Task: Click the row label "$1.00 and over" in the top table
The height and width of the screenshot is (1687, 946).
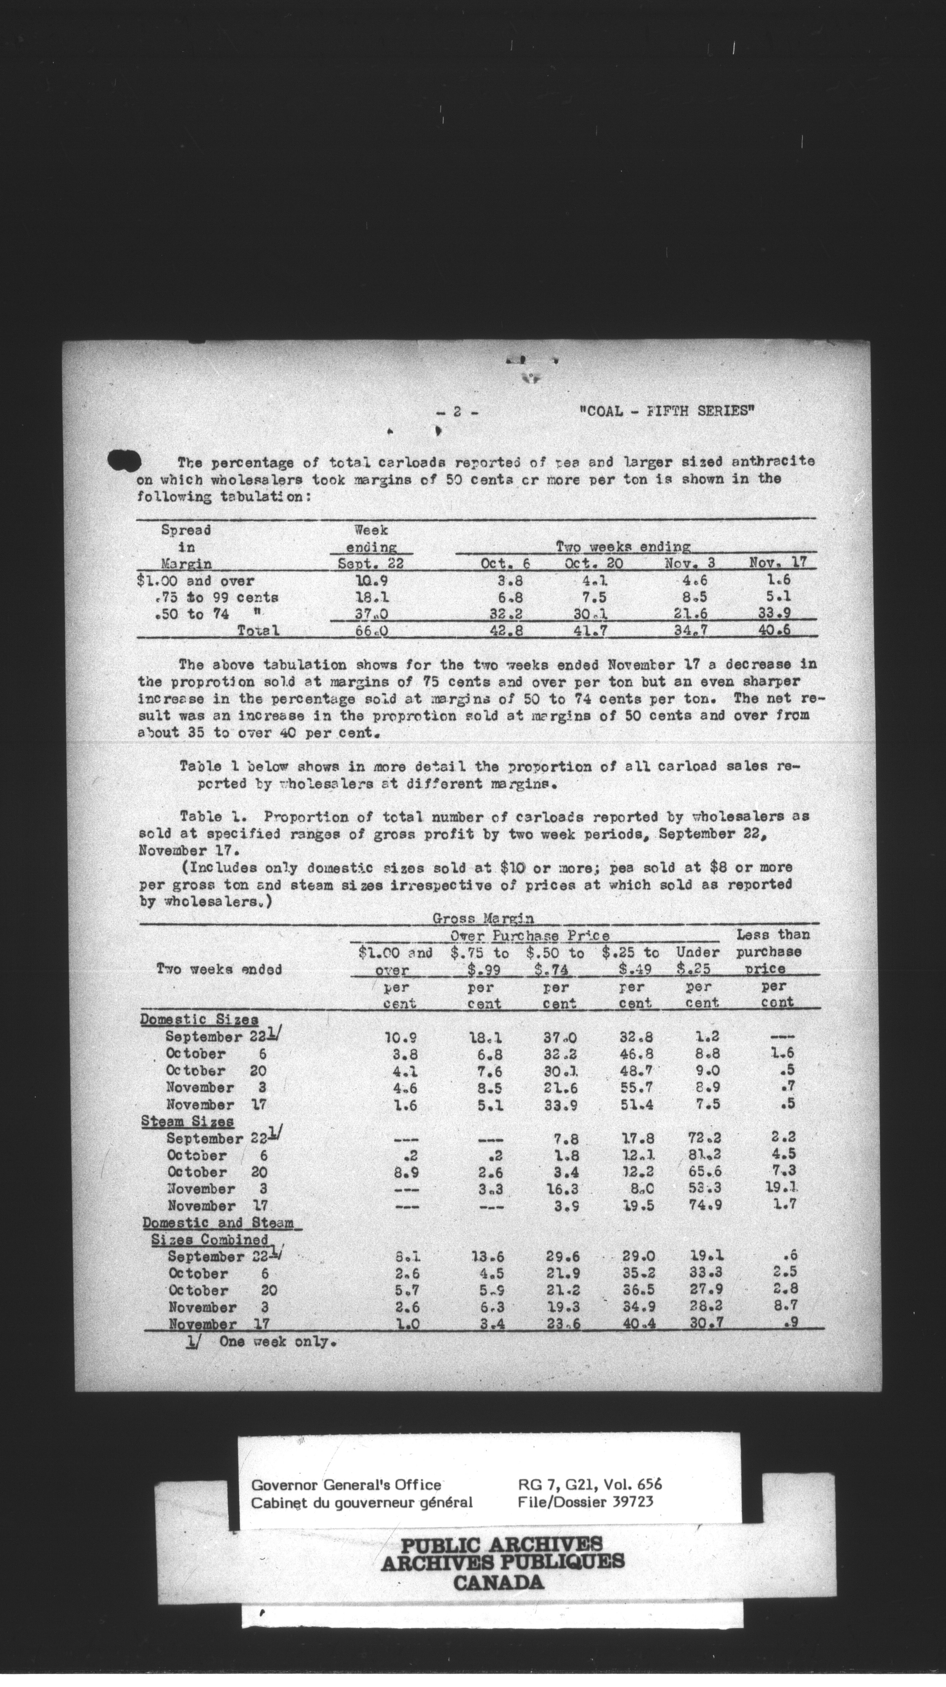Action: (x=196, y=580)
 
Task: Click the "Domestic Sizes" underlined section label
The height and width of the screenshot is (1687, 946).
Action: (x=199, y=1020)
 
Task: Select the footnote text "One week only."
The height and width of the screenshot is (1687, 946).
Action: (x=278, y=1341)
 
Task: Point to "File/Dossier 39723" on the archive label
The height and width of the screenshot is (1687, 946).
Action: (x=584, y=1502)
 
